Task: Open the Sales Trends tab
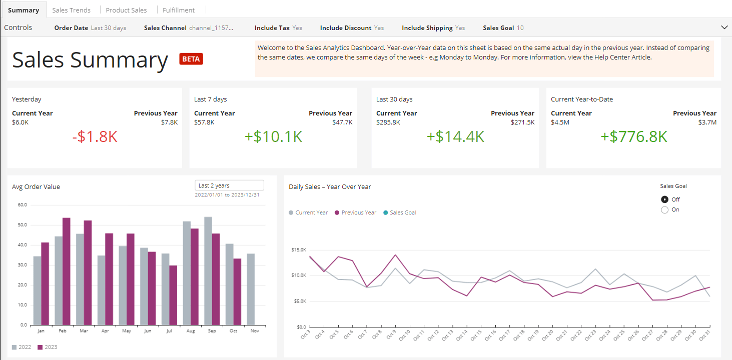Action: [71, 10]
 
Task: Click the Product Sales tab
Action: [126, 10]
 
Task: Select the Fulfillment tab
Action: [179, 10]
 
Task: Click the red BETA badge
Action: [191, 59]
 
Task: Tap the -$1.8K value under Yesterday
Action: [95, 136]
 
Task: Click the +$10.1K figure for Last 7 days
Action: [273, 136]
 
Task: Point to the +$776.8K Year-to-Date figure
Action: [633, 136]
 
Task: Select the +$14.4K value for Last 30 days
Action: [455, 136]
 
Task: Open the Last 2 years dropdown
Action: [229, 185]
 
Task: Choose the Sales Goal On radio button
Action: [664, 210]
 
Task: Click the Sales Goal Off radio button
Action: [664, 199]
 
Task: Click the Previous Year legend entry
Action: [355, 212]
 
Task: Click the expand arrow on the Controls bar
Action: [724, 27]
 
